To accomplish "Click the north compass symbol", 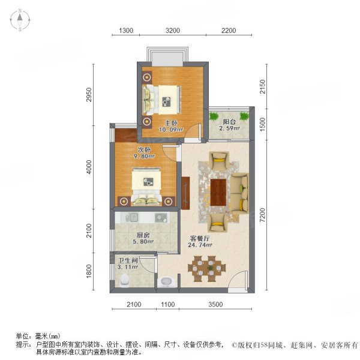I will click(x=19, y=20).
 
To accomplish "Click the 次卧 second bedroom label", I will click(x=143, y=150).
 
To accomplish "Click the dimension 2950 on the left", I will click(x=88, y=95).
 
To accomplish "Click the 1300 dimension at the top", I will click(x=126, y=30).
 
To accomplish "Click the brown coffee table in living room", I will click(x=218, y=191).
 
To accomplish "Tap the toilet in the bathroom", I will click(x=125, y=280).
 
